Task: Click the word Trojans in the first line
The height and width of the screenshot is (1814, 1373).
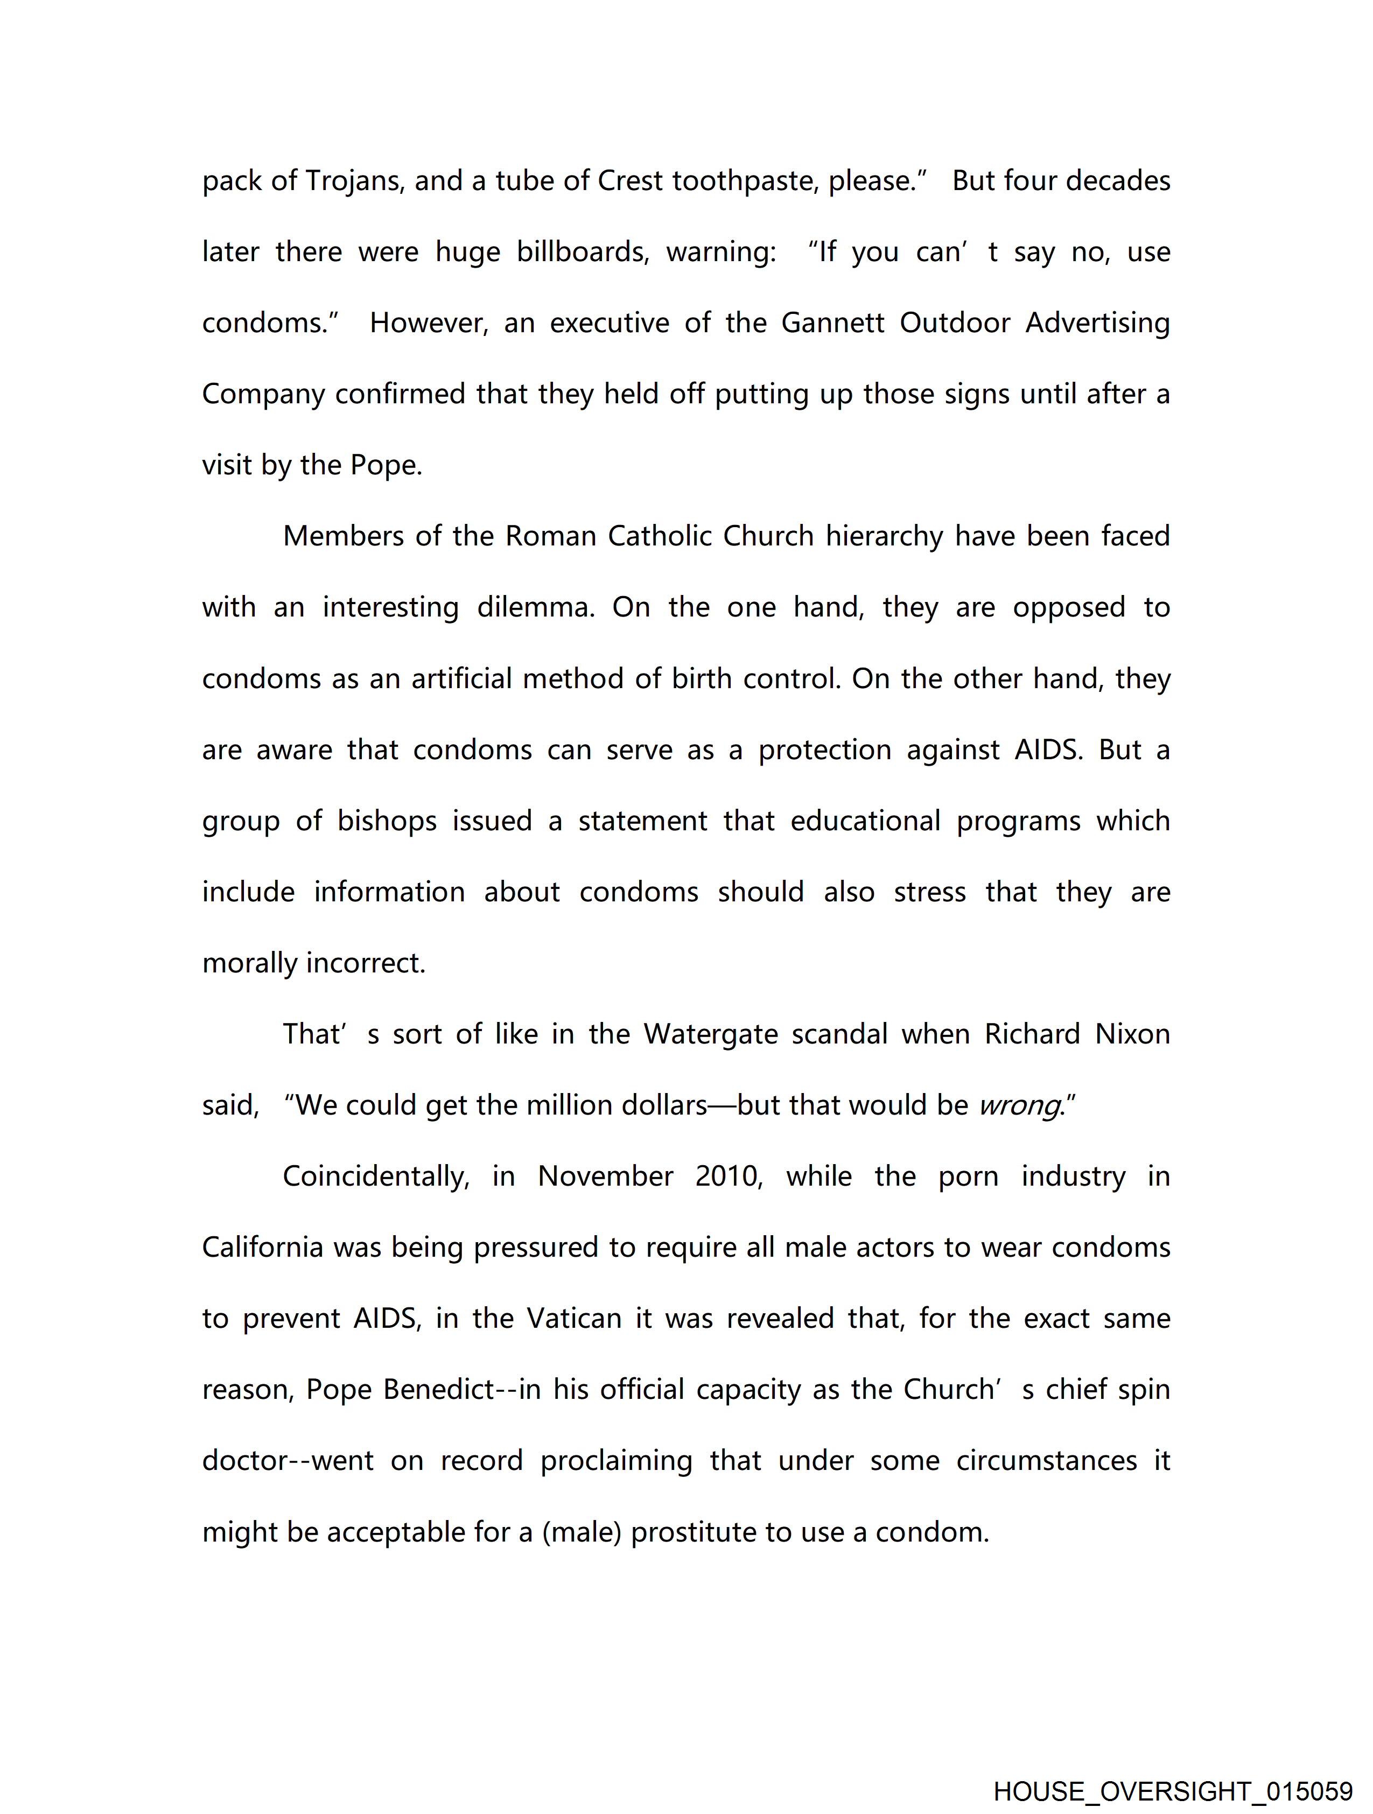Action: pos(354,180)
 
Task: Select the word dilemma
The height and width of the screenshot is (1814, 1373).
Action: pos(536,608)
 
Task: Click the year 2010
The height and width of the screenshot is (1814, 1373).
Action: pos(729,1177)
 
